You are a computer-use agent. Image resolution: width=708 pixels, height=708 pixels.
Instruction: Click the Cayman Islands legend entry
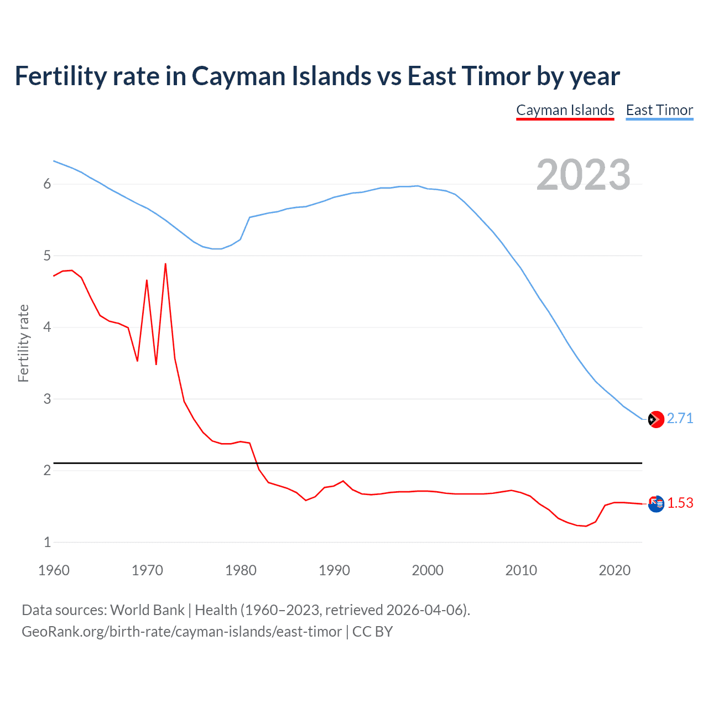tap(565, 110)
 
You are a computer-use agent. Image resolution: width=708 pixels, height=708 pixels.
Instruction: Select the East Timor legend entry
tap(659, 110)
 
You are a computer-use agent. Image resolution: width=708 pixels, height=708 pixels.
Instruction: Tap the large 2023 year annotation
tap(583, 175)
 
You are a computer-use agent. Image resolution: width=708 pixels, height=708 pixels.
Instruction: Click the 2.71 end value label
tap(680, 418)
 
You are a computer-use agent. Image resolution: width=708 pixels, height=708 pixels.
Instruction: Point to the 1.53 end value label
tap(680, 503)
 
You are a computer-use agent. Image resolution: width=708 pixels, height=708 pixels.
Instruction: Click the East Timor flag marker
tap(655, 419)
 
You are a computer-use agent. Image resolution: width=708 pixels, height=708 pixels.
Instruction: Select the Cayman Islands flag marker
tap(655, 504)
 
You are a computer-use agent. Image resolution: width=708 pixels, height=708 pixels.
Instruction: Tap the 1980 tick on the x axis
tap(241, 570)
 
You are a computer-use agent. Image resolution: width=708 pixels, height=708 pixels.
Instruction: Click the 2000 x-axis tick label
tap(428, 570)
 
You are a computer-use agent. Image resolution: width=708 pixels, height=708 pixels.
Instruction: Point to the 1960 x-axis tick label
tap(54, 570)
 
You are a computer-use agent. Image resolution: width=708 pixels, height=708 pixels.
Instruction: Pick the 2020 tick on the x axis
tap(615, 570)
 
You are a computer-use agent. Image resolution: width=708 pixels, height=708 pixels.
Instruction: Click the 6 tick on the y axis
tap(47, 184)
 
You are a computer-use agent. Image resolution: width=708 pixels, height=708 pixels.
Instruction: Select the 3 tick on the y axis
tap(47, 399)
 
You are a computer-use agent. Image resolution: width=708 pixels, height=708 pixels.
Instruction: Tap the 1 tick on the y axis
tap(47, 542)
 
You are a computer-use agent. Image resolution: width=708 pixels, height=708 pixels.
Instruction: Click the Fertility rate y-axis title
tap(23, 343)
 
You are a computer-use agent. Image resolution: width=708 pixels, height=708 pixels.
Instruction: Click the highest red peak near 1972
tap(165, 264)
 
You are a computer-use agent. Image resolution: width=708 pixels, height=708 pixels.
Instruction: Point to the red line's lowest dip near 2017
tap(586, 525)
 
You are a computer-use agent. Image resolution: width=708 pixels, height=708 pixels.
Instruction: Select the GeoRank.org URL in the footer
tap(181, 632)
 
